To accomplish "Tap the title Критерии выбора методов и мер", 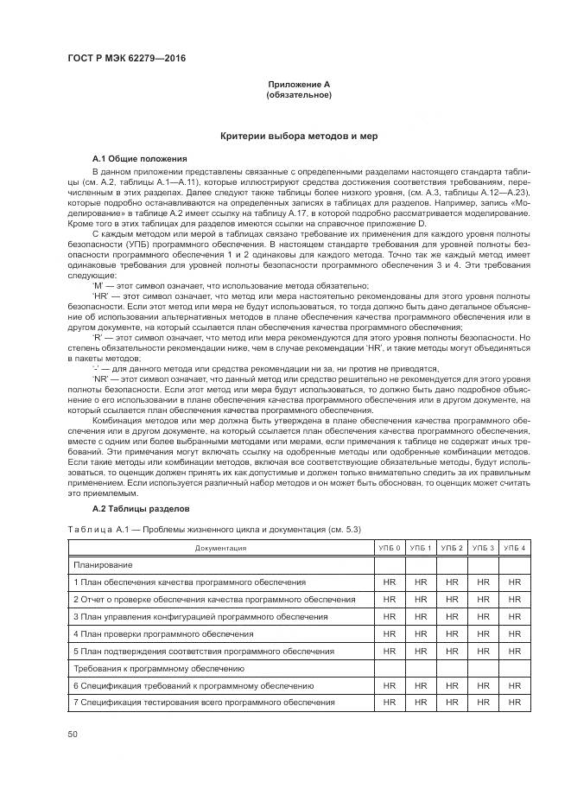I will (298, 137).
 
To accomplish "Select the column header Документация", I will (220, 548).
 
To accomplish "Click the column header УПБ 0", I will (389, 548).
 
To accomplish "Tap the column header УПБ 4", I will (515, 548).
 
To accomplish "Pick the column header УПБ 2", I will (452, 548).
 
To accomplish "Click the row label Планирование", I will (103, 564).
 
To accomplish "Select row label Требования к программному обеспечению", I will (159, 668).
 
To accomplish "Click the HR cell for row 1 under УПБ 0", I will (389, 582).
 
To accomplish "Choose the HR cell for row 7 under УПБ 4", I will (515, 703).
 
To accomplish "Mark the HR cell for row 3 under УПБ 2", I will (452, 616).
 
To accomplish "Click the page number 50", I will (72, 735).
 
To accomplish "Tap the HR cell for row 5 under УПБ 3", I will (484, 651).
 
